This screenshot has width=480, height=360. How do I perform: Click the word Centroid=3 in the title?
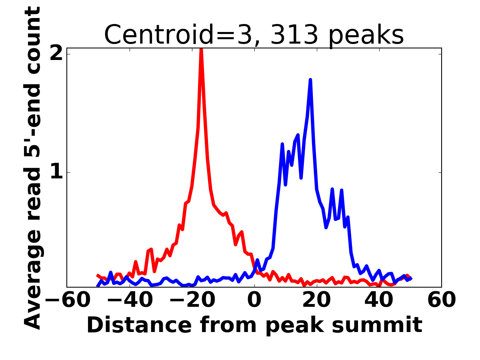[179, 35]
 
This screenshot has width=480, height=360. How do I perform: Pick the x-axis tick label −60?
[68, 300]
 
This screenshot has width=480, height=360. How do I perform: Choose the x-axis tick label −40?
[130, 300]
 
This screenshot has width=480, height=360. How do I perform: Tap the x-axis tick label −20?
[192, 300]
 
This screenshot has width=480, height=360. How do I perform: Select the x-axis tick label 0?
[255, 300]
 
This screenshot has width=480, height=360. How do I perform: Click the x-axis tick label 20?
[317, 300]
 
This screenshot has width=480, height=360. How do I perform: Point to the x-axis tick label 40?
[380, 300]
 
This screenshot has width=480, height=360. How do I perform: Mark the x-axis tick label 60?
[441, 300]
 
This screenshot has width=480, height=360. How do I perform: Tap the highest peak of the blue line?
[310, 80]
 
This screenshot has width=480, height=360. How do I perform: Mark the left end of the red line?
[98, 275]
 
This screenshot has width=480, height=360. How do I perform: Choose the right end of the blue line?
[411, 278]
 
